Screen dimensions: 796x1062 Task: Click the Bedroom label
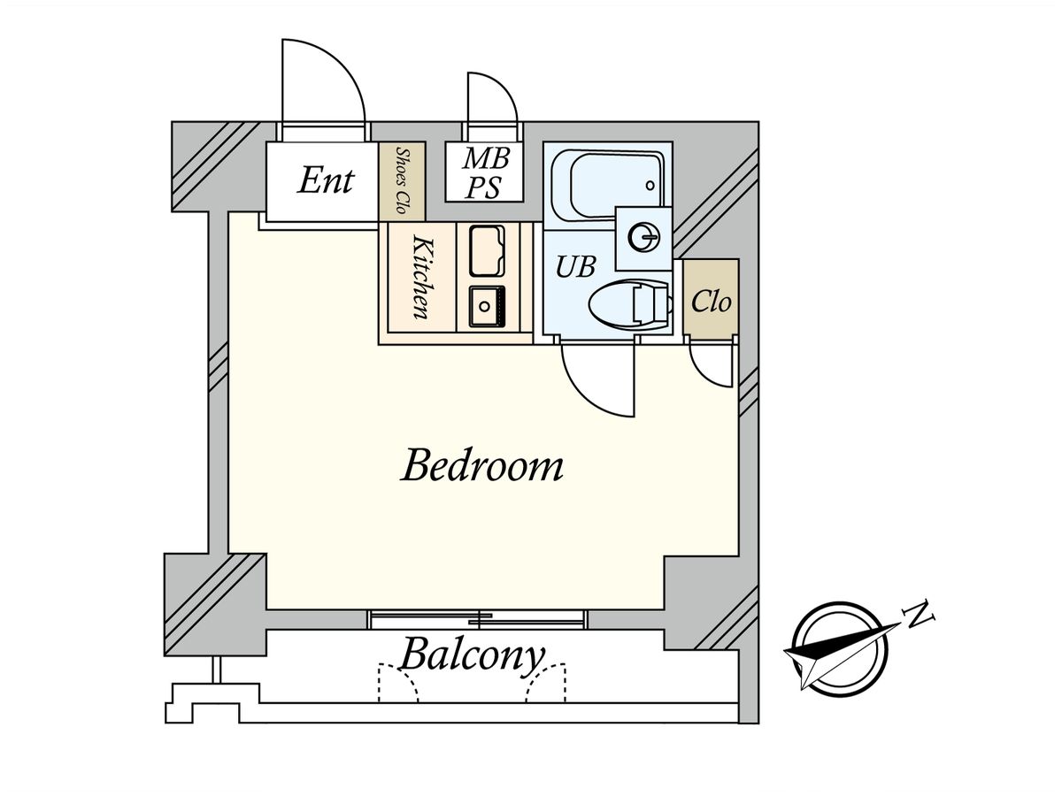pyautogui.click(x=482, y=466)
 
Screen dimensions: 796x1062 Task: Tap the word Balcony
pyautogui.click(x=471, y=656)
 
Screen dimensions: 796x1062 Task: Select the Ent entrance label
pyautogui.click(x=326, y=180)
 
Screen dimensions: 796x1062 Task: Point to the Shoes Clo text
pyautogui.click(x=401, y=181)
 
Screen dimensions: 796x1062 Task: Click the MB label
pyautogui.click(x=487, y=159)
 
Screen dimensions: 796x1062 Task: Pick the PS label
pyautogui.click(x=485, y=188)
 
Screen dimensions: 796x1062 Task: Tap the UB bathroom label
pyautogui.click(x=575, y=266)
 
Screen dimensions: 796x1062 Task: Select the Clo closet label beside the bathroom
pyautogui.click(x=711, y=302)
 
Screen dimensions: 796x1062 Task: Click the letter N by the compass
pyautogui.click(x=921, y=612)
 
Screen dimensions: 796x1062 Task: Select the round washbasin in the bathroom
pyautogui.click(x=643, y=237)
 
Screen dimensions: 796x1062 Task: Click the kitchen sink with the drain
pyautogui.click(x=485, y=306)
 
